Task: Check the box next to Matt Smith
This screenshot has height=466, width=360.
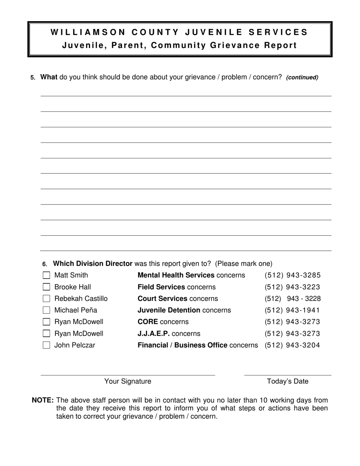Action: coord(46,275)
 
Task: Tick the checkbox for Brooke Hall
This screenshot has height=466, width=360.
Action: coord(46,287)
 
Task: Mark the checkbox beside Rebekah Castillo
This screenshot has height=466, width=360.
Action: coord(46,299)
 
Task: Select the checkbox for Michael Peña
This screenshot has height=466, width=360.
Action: coord(46,310)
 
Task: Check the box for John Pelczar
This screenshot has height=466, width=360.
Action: coord(46,345)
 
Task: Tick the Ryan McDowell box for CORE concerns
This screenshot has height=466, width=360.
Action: coord(46,322)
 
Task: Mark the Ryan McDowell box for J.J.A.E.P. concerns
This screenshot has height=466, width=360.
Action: coord(46,334)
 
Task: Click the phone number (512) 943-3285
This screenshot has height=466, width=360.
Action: coord(293,275)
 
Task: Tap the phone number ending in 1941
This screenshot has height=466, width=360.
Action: coord(293,310)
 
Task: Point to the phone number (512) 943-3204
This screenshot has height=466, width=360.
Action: coord(293,345)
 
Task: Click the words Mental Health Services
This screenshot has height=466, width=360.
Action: coord(176,275)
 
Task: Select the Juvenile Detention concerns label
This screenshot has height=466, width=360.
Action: coord(184,310)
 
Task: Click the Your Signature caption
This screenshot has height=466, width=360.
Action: coord(128,382)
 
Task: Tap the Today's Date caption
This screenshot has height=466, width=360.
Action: coord(288,382)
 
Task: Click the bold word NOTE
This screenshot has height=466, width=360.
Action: coord(43,400)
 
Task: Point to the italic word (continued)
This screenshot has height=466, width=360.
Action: coord(302,78)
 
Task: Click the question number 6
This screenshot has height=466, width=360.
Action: coord(45,264)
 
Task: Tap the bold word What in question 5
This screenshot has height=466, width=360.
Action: coord(49,77)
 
